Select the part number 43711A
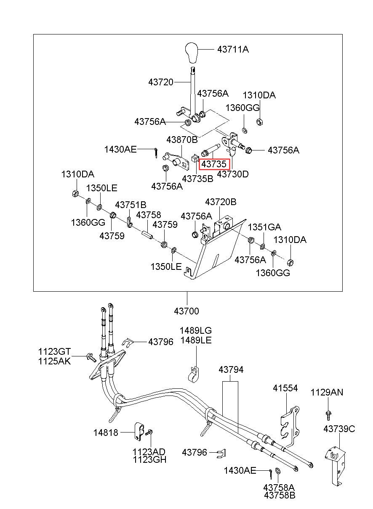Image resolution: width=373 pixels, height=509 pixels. [x=233, y=49]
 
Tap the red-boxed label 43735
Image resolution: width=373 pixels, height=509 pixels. [x=214, y=164]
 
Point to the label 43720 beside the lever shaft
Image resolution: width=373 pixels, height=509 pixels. [x=161, y=82]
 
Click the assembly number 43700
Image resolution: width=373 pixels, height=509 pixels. [x=186, y=311]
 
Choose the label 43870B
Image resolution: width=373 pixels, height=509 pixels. [x=182, y=140]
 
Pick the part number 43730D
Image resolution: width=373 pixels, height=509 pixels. [x=232, y=174]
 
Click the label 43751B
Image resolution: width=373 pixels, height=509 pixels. [x=131, y=205]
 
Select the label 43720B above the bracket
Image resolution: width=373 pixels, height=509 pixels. [x=221, y=202]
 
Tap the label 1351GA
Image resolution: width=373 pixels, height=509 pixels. [x=264, y=227]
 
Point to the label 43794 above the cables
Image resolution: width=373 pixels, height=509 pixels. [x=231, y=370]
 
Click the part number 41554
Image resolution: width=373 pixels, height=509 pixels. [x=285, y=388]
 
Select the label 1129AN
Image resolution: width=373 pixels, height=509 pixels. [x=327, y=392]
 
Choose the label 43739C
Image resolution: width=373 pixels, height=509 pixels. [x=339, y=429]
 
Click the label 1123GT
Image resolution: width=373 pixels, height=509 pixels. [x=54, y=351]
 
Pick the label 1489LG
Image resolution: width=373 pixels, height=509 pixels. [x=195, y=330]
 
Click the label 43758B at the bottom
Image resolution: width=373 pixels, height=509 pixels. [x=279, y=495]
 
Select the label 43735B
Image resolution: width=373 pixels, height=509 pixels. [x=197, y=179]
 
